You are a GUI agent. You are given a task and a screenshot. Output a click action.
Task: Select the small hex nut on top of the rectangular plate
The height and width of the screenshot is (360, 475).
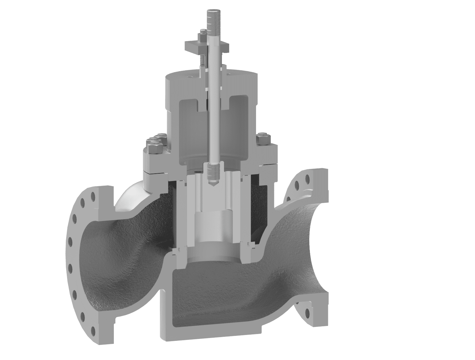click(x=202, y=32)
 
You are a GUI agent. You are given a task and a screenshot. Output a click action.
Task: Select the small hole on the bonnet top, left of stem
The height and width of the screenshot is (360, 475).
click(x=188, y=74)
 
